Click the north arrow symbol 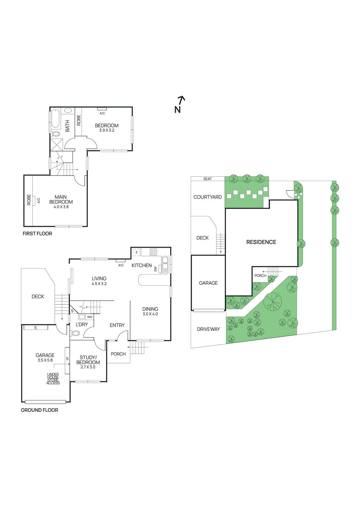coord(180,104)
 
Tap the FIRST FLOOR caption coord(37,234)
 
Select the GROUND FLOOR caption coord(39,410)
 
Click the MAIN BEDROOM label coord(61,199)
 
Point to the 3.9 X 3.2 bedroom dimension coord(107,130)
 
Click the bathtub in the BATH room coord(56,119)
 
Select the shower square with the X coord(57,145)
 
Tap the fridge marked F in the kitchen coord(137,253)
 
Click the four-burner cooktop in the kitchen coord(153,252)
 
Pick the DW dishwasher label coord(156,269)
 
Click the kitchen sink coord(165,265)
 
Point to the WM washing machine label coord(90,317)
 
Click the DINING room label coord(150,309)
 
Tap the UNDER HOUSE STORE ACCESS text coord(53,379)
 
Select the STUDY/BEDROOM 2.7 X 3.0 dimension coord(88,367)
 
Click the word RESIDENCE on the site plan coord(261,242)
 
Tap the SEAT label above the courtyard coord(208,179)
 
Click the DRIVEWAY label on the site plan coord(208,329)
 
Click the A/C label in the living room coord(121,265)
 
